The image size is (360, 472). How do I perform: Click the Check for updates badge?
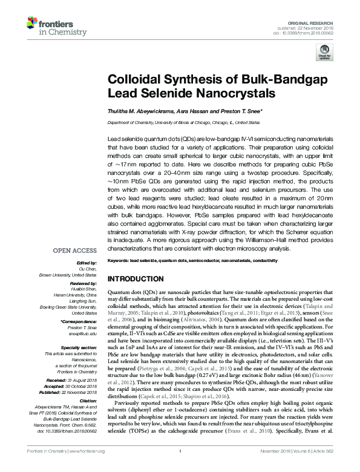coord(323,54)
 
